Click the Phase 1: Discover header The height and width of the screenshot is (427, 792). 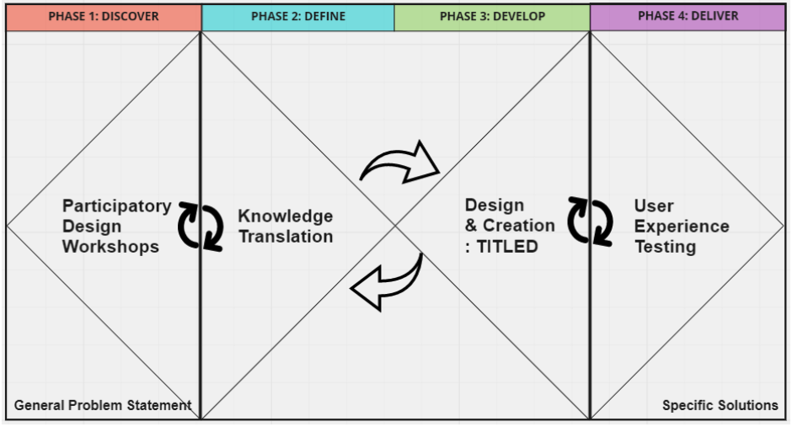pyautogui.click(x=104, y=17)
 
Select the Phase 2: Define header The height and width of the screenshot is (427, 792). pyautogui.click(x=297, y=17)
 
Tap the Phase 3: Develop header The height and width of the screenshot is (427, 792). pyautogui.click(x=492, y=17)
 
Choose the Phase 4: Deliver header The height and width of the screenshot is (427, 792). pyautogui.click(x=688, y=17)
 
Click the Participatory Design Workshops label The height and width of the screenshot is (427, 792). pyautogui.click(x=116, y=226)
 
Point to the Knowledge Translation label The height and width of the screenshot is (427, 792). pyautogui.click(x=285, y=227)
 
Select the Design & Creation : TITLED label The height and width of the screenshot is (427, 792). pyautogui.click(x=509, y=226)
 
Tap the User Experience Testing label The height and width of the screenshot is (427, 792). pyautogui.click(x=681, y=226)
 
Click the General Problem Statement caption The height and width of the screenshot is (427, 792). pyautogui.click(x=103, y=405)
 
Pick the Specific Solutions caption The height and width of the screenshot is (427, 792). pyautogui.click(x=720, y=405)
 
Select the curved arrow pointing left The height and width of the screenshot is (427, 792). pyautogui.click(x=388, y=284)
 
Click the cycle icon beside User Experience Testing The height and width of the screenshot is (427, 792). pyautogui.click(x=590, y=222)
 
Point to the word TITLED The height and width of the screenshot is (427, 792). pyautogui.click(x=508, y=247)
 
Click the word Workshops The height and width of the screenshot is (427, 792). pyautogui.click(x=110, y=247)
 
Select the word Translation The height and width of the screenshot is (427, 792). pyautogui.click(x=285, y=237)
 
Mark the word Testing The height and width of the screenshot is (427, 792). pyautogui.click(x=665, y=247)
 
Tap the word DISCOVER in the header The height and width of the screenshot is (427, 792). pyautogui.click(x=130, y=17)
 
